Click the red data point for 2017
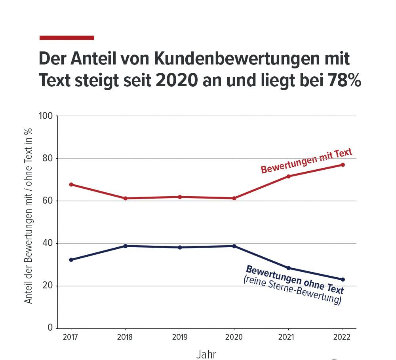coord(71,184)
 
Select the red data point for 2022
coord(343,165)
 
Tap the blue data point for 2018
coord(126,246)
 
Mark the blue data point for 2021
coord(288,268)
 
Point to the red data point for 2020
coord(234,198)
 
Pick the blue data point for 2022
coord(343,279)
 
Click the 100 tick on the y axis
coord(46,116)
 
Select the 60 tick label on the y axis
coord(48,201)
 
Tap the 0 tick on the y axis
coord(50,328)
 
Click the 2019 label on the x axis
coord(180,337)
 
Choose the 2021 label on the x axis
coord(288,337)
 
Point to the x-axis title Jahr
coord(206,354)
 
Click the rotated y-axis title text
coord(28,216)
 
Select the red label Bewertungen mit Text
coord(306,161)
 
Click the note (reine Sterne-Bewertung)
coord(292,291)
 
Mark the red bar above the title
coord(67,38)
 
